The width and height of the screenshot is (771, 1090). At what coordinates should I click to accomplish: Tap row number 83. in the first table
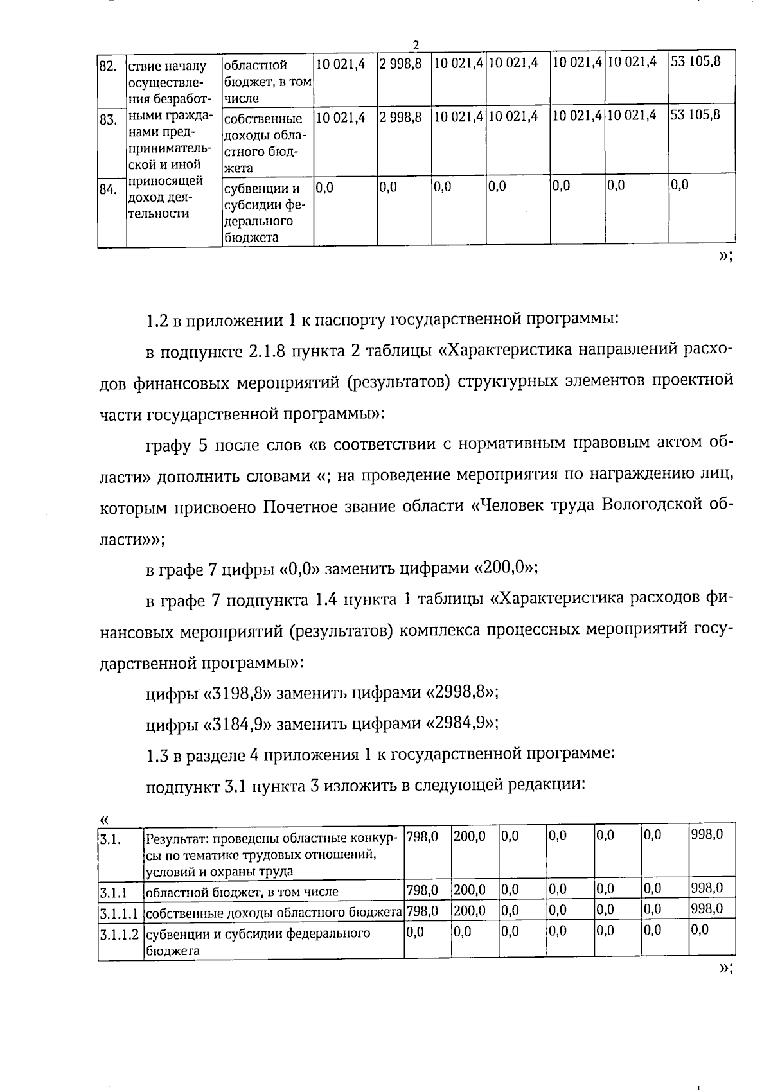[x=107, y=119]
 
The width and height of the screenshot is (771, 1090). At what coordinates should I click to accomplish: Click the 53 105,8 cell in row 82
[x=695, y=62]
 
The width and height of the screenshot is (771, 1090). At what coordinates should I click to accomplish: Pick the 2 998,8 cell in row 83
[x=400, y=116]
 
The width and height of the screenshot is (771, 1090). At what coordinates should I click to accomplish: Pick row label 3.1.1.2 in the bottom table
[x=120, y=934]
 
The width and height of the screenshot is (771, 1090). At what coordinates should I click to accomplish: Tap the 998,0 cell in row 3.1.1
[x=707, y=889]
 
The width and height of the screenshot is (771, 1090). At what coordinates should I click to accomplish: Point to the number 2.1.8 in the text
[x=266, y=351]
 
